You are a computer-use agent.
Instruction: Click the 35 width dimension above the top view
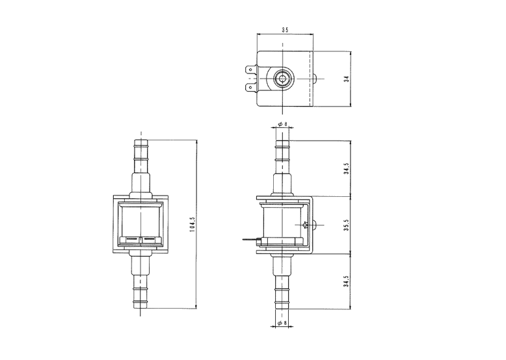click(285, 30)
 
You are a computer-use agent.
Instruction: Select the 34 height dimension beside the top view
click(346, 79)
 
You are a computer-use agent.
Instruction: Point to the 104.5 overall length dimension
click(193, 224)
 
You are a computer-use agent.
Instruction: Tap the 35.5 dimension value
click(346, 225)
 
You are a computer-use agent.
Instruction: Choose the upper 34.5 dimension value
click(346, 168)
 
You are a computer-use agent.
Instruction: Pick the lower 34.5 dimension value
click(346, 281)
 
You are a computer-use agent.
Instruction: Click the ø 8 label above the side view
click(282, 124)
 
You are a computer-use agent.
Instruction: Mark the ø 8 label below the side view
click(282, 322)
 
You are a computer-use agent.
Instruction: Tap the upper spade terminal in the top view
click(252, 70)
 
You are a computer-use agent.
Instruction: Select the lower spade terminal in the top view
click(252, 87)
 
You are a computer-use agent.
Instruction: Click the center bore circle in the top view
click(283, 79)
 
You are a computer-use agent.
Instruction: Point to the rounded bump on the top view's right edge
click(315, 79)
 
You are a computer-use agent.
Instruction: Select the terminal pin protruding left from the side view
click(251, 240)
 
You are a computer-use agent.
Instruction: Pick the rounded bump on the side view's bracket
click(315, 225)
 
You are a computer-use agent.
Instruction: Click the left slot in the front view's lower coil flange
click(132, 239)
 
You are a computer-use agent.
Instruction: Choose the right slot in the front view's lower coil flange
click(149, 239)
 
